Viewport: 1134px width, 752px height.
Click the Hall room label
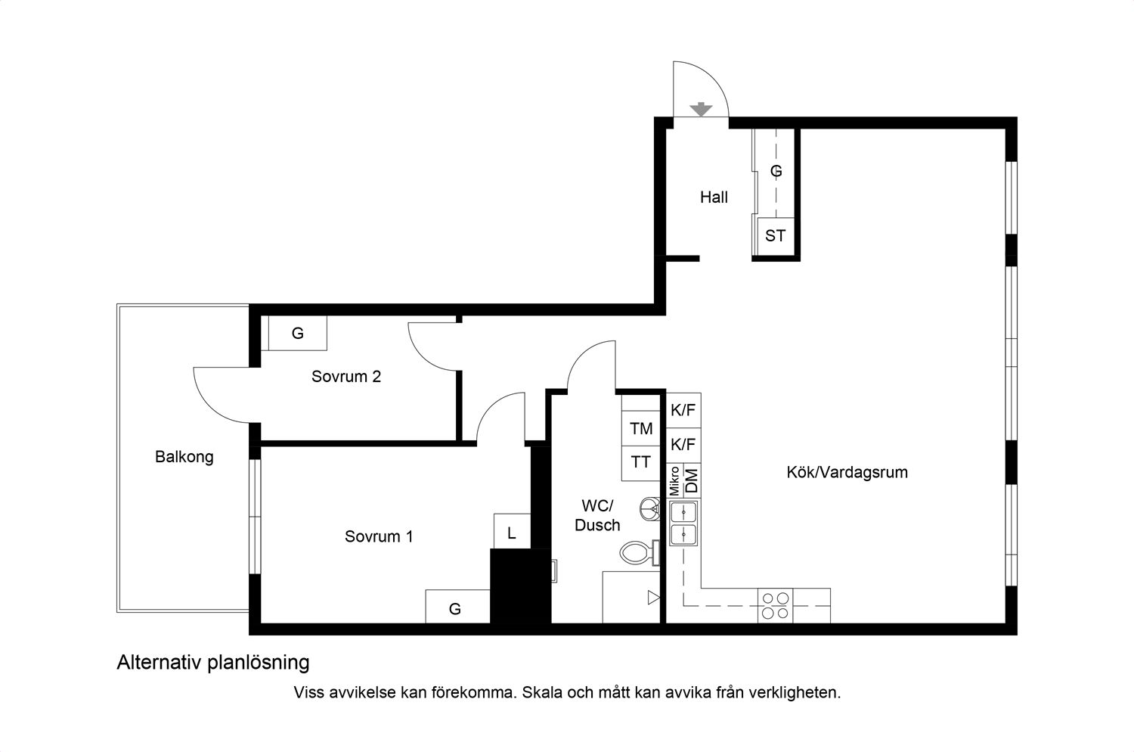[714, 197]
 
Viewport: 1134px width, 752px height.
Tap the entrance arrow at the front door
[702, 109]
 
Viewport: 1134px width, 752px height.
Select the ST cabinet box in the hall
[775, 236]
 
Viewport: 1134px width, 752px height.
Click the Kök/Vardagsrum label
[847, 472]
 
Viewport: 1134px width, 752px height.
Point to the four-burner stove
[776, 605]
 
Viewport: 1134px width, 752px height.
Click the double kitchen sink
[684, 524]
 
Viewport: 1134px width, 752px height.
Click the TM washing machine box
[641, 429]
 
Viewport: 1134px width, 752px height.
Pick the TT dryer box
[641, 462]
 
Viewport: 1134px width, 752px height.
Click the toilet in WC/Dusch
[637, 553]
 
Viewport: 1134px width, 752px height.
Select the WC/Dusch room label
[597, 515]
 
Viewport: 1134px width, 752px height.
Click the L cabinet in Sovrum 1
[512, 533]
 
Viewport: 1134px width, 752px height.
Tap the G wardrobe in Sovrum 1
[456, 608]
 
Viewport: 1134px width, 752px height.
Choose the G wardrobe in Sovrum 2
[298, 334]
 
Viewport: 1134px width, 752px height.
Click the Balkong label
[184, 457]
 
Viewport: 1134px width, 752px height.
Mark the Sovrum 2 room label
[346, 377]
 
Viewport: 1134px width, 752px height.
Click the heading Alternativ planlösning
[213, 663]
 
